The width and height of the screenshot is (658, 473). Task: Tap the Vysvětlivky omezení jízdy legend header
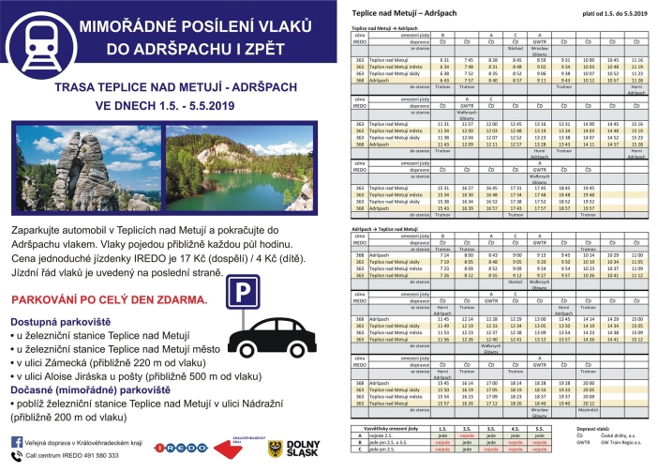point(392,425)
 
